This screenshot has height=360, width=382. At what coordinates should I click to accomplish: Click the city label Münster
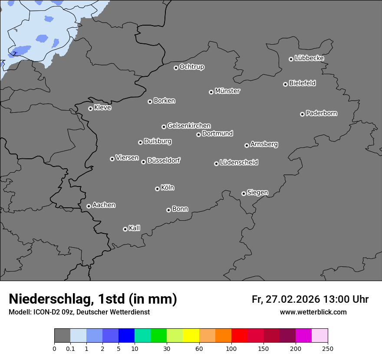[x=227, y=91]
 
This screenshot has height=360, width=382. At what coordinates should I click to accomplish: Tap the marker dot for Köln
[x=157, y=189]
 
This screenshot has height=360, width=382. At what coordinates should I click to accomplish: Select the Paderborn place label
[x=321, y=113]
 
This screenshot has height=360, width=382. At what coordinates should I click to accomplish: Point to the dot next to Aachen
[x=89, y=206]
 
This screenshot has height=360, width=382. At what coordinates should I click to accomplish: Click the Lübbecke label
[x=309, y=58]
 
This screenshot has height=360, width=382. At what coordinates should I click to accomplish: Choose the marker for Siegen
[x=244, y=193]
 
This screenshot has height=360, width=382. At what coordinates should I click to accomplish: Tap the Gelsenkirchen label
[x=189, y=126]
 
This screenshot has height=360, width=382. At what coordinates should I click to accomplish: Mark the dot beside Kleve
[x=90, y=108]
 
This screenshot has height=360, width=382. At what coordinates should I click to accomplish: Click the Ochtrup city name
[x=191, y=67]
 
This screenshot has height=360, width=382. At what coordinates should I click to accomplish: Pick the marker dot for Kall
[x=125, y=229]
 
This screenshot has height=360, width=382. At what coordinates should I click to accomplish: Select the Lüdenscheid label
[x=239, y=163]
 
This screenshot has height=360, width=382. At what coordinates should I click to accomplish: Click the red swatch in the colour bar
[x=239, y=336]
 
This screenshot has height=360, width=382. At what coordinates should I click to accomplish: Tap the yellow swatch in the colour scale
[x=191, y=336]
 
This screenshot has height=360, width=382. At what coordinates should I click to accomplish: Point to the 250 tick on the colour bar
[x=328, y=349]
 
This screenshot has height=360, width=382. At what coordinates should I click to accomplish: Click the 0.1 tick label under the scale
[x=70, y=349]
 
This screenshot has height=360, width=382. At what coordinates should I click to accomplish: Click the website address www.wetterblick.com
[x=313, y=312]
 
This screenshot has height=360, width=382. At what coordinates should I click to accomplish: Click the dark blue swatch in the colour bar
[x=127, y=336]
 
